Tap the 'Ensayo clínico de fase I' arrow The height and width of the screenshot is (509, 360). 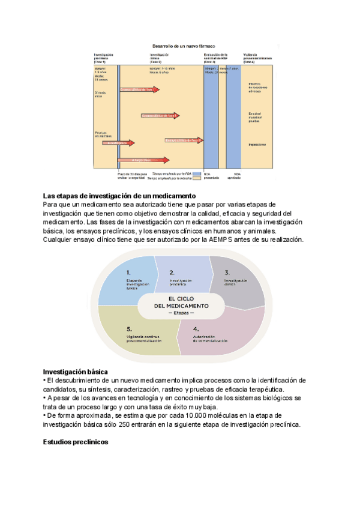pos(140,90)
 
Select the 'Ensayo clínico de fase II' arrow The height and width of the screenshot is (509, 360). pos(160,115)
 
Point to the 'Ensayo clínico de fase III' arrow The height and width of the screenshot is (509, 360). pos(183,140)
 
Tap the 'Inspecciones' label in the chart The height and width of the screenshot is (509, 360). pos(257,145)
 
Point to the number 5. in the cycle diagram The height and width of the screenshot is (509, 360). pos(129,329)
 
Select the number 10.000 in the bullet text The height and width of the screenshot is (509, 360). pos(217,415)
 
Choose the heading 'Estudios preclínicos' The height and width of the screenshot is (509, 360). pos(75,442)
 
